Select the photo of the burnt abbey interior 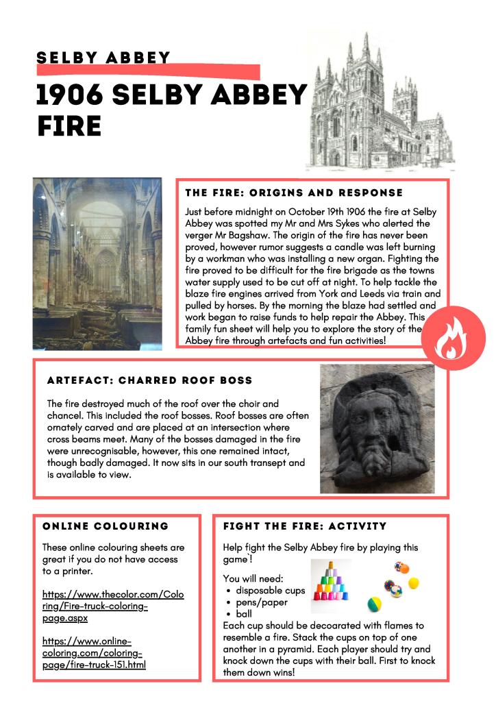(97, 264)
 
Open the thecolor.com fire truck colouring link (113, 606)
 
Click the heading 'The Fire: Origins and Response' (294, 193)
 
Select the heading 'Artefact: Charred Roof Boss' (150, 380)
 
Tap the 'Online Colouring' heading (106, 526)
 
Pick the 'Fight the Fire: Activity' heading (305, 526)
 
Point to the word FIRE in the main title (69, 127)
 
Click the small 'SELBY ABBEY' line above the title (103, 58)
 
